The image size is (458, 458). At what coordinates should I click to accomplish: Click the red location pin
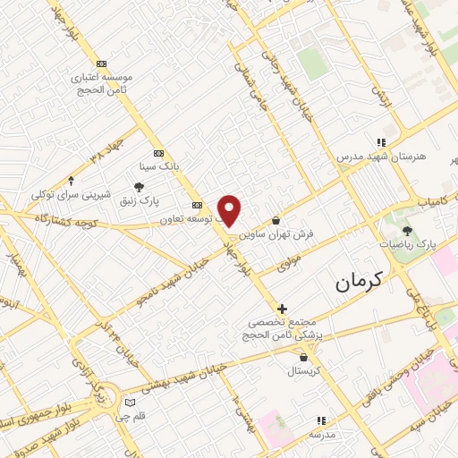[230, 209]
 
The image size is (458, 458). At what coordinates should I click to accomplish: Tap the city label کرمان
[359, 281]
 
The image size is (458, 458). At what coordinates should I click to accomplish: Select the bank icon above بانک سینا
[159, 152]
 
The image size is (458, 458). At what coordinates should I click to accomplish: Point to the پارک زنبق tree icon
[139, 186]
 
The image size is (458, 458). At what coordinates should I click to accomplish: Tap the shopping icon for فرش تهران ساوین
[276, 219]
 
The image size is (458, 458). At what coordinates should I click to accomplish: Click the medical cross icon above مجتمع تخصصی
[282, 309]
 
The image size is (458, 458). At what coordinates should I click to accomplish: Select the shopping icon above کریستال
[304, 357]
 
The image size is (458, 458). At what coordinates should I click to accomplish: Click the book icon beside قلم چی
[131, 403]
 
